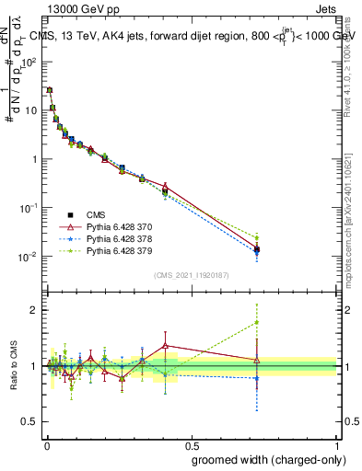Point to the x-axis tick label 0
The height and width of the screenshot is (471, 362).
tap(46, 445)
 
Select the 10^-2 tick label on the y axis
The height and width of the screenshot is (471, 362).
tap(29, 256)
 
